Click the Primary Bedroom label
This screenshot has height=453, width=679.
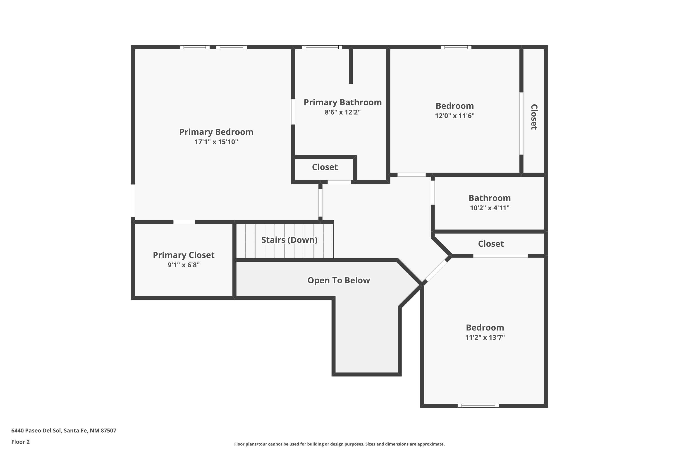click(216, 132)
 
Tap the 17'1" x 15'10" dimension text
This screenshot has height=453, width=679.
click(216, 142)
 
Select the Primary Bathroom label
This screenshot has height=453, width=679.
click(343, 102)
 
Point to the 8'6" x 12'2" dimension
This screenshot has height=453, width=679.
click(343, 112)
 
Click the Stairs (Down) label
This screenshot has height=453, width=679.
click(289, 240)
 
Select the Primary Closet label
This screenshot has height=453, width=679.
click(184, 255)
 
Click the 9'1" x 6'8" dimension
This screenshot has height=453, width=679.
click(184, 265)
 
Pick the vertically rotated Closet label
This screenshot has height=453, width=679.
click(534, 117)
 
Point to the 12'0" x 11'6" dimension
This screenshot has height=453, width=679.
click(455, 116)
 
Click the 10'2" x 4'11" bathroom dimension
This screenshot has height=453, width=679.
click(490, 208)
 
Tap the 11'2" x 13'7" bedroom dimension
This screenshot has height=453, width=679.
click(485, 337)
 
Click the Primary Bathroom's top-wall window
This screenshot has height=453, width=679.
click(322, 47)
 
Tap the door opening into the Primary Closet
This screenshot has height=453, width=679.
click(184, 222)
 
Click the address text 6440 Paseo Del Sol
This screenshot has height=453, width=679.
click(64, 431)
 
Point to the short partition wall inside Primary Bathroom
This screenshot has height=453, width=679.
click(351, 66)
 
